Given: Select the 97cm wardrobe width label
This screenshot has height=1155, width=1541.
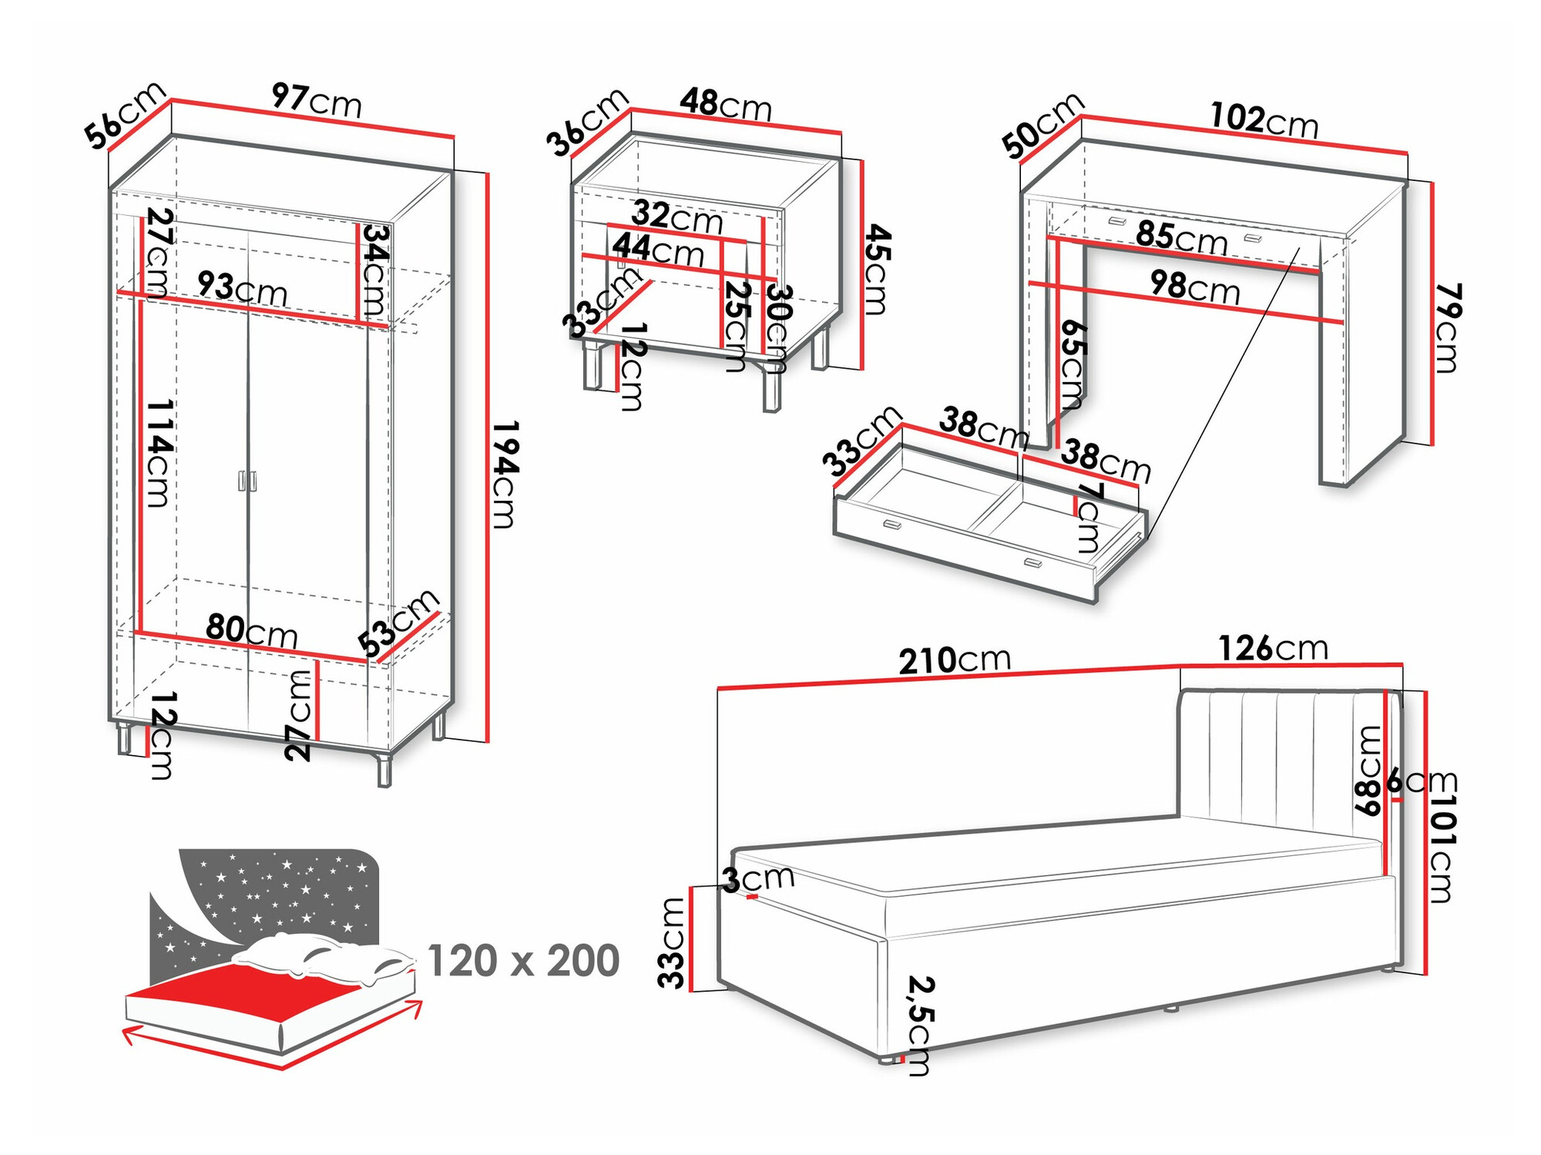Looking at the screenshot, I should (317, 100).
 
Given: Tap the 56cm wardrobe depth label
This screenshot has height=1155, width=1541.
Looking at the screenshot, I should (125, 115).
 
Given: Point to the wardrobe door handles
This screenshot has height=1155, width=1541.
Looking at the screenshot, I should (247, 481).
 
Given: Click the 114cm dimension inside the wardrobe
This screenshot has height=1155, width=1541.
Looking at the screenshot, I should (159, 452).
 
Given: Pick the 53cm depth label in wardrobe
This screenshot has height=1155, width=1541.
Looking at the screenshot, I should (398, 623).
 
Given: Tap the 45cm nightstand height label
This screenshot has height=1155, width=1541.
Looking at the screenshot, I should (876, 269).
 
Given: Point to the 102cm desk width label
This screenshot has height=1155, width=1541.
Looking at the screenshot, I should (1264, 120).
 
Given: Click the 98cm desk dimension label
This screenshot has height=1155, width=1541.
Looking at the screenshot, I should (1195, 287).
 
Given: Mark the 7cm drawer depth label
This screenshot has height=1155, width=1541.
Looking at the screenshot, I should (1089, 517).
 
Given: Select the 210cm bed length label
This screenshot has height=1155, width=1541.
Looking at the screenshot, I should (954, 660).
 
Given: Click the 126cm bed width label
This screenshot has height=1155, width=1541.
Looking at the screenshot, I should (1273, 648).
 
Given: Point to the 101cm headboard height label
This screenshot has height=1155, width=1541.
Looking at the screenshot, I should (1442, 847).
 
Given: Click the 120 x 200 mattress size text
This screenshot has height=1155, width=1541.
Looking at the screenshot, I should (523, 961).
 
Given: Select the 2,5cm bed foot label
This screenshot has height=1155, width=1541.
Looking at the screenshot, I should (920, 1025).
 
